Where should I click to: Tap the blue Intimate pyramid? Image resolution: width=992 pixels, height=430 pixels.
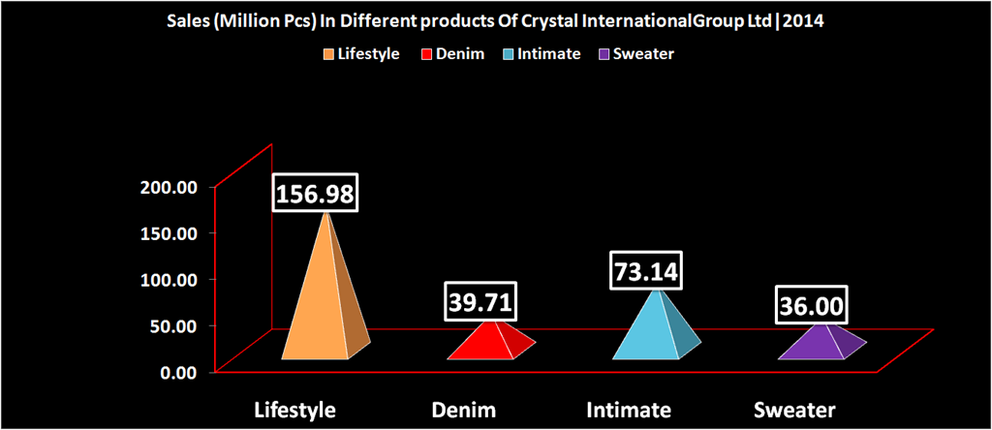(649, 329)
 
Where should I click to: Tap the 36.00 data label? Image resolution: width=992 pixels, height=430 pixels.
(813, 309)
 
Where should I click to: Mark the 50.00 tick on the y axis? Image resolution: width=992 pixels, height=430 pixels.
(175, 325)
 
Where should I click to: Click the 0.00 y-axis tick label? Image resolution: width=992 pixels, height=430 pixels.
(180, 372)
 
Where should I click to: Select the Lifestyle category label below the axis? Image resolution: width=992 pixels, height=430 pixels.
(294, 410)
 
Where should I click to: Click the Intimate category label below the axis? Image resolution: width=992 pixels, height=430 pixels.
(629, 410)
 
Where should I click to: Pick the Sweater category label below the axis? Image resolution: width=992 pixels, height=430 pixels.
(797, 410)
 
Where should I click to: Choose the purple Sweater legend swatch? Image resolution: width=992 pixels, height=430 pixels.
(604, 54)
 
